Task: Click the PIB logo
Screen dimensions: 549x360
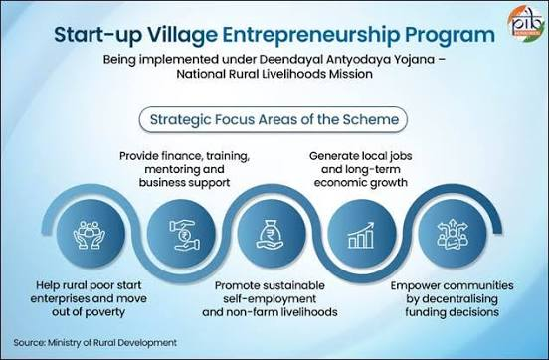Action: click(526, 22)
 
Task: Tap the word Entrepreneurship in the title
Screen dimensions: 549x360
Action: click(311, 36)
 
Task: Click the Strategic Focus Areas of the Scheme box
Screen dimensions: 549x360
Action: click(274, 119)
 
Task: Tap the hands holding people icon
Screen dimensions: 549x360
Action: click(89, 235)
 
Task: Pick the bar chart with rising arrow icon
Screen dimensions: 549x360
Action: click(361, 235)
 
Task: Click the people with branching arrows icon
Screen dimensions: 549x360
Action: click(452, 234)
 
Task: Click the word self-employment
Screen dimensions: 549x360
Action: click(270, 299)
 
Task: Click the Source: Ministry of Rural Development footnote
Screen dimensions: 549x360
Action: click(94, 342)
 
